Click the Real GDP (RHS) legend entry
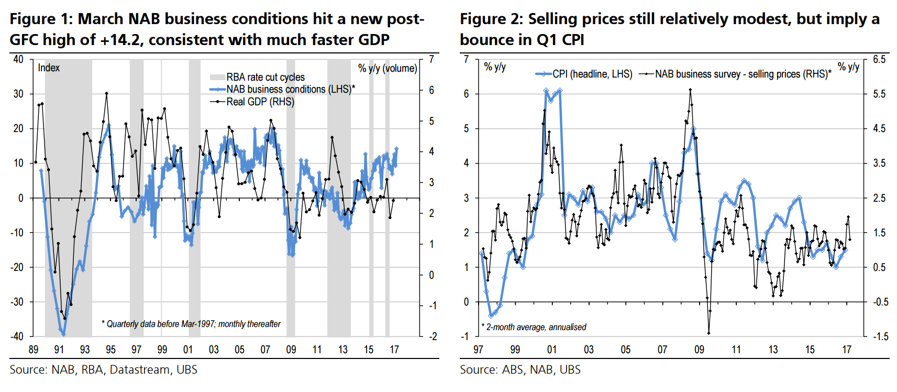click(x=260, y=102)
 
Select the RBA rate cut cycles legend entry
click(x=265, y=77)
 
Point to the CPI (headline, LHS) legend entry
click(x=592, y=74)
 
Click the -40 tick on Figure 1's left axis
click(x=18, y=336)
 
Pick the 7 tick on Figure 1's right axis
click(x=431, y=59)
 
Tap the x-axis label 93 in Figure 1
click(x=85, y=350)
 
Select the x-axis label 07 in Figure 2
click(x=662, y=350)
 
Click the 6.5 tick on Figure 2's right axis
click(x=879, y=59)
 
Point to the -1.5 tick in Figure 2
click(x=879, y=336)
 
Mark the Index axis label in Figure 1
click(x=49, y=68)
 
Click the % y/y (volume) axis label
click(x=387, y=68)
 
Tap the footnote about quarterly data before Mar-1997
click(x=191, y=324)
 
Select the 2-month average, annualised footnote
click(x=534, y=327)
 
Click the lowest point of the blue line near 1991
click(x=63, y=334)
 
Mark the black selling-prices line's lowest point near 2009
click(x=708, y=333)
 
